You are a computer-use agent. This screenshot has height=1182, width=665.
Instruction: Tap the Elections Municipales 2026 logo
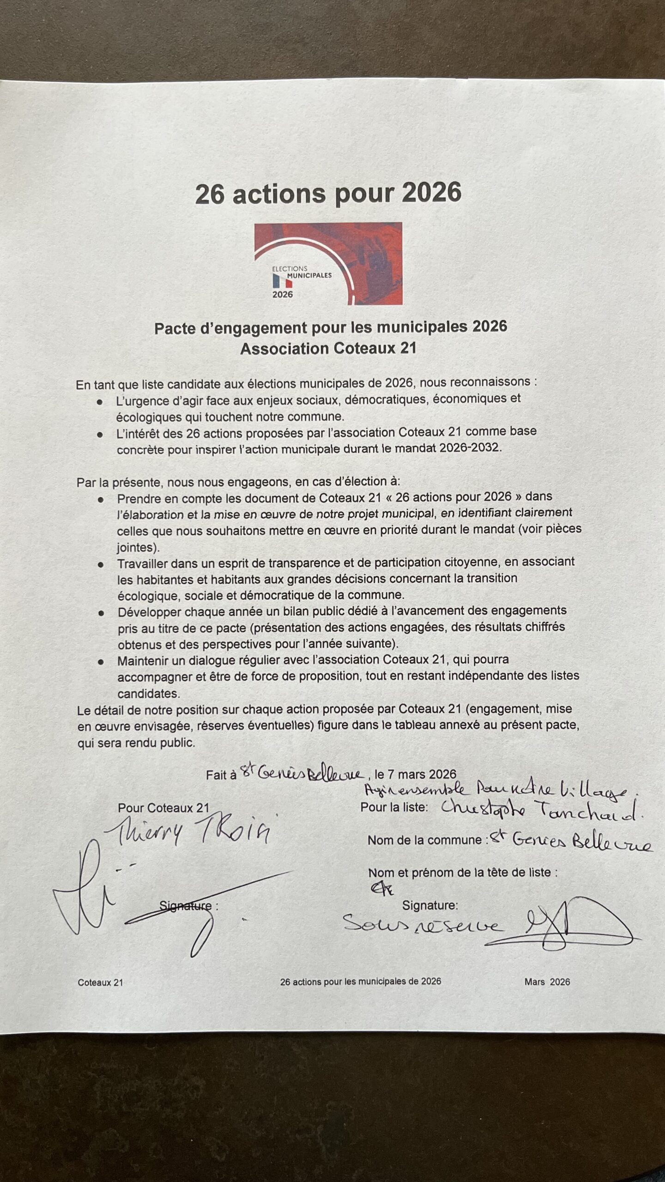pos(328,263)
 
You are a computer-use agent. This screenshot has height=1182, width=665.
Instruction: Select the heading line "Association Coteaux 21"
pos(328,349)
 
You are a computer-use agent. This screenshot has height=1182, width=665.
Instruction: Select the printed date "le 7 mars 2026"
pos(415,774)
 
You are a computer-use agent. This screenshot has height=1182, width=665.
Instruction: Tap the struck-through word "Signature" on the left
pos(186,905)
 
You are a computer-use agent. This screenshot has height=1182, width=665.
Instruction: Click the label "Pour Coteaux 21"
pos(163,808)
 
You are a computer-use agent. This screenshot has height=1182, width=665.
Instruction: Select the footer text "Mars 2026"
pos(547,982)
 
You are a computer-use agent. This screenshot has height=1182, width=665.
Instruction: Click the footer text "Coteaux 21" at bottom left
pos(100,983)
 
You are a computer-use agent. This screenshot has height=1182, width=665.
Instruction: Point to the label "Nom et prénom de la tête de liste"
pos(462,873)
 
